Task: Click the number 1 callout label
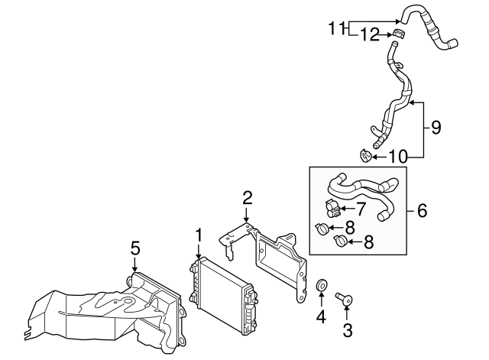[x=198, y=235]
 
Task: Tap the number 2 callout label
[x=247, y=199]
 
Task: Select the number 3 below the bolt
[x=348, y=330]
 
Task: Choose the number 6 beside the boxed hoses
[x=422, y=209]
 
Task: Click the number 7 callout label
[x=361, y=207]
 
